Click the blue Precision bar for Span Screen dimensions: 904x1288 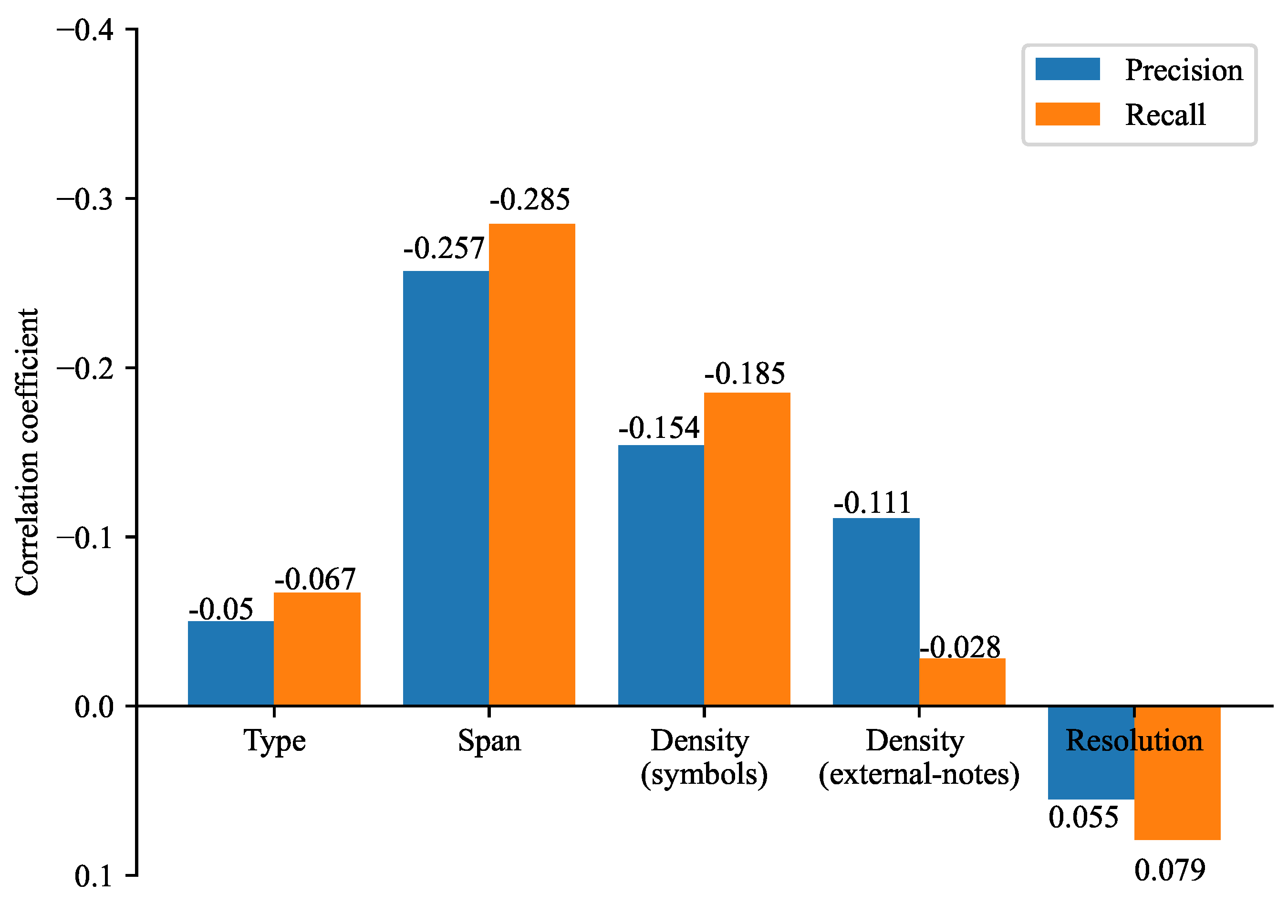point(446,488)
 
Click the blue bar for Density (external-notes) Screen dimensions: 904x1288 point(876,611)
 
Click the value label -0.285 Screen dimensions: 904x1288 point(530,200)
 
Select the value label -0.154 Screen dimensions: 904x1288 point(659,428)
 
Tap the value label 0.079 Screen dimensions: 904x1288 point(1170,870)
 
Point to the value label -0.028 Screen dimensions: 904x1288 point(960,647)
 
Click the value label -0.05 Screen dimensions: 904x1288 point(221,609)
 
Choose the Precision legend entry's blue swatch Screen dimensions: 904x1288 point(1067,69)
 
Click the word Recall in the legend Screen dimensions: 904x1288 point(1165,115)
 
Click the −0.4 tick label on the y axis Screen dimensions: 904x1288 point(85,30)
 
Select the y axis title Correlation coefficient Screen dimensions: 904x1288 point(27,452)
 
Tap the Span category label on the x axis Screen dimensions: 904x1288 point(489,741)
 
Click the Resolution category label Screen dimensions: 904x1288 point(1134,741)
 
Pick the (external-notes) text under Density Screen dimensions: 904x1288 point(919,774)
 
